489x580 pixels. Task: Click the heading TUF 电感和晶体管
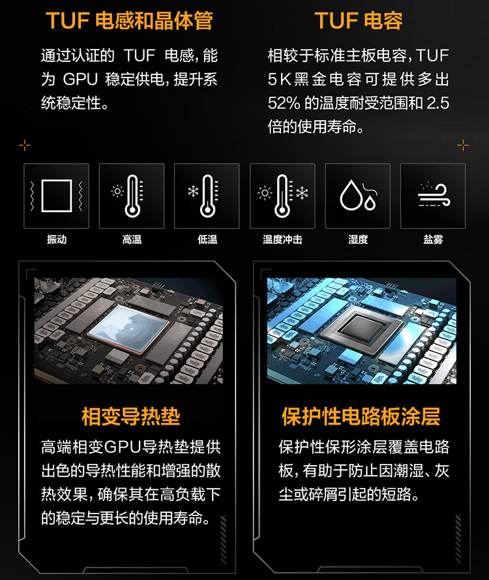click(130, 20)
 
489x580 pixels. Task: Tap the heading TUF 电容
click(359, 20)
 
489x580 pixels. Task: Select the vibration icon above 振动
click(57, 196)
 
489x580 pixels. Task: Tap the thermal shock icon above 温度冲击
click(283, 196)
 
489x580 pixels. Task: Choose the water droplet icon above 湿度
click(358, 195)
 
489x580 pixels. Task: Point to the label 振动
click(57, 239)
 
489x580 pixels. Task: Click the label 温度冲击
click(282, 239)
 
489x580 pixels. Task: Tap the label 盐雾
click(433, 239)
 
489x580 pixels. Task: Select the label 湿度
click(358, 239)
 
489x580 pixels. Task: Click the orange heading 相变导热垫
click(131, 416)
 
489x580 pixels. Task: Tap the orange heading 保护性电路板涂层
click(361, 416)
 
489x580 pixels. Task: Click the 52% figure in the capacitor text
click(284, 103)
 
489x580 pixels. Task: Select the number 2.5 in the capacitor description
click(438, 103)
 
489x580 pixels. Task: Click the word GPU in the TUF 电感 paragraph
click(80, 80)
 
